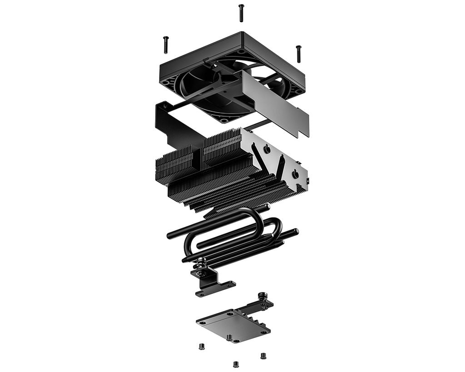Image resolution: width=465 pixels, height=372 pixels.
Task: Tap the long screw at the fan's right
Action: click(x=298, y=54)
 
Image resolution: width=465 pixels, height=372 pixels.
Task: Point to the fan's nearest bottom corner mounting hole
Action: click(x=224, y=120)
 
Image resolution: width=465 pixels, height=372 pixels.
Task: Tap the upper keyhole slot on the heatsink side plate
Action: click(x=267, y=148)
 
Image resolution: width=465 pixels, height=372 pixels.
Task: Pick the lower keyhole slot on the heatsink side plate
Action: click(x=295, y=173)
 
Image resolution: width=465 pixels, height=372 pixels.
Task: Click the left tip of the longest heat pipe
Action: click(x=171, y=236)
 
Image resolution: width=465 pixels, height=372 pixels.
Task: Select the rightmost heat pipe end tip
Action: click(x=296, y=232)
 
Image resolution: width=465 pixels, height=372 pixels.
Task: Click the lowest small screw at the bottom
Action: click(x=236, y=364)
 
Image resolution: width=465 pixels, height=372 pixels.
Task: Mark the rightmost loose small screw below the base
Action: click(x=263, y=355)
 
